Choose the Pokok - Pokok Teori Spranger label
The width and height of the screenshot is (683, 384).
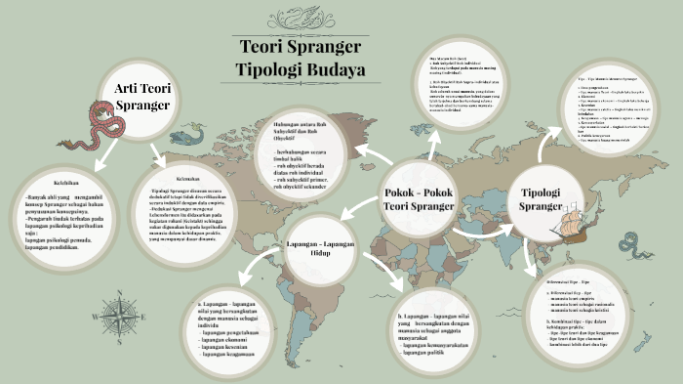tap(419, 198)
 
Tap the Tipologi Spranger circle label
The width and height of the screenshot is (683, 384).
tap(540, 198)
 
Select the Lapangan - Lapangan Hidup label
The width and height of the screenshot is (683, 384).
tap(320, 249)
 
